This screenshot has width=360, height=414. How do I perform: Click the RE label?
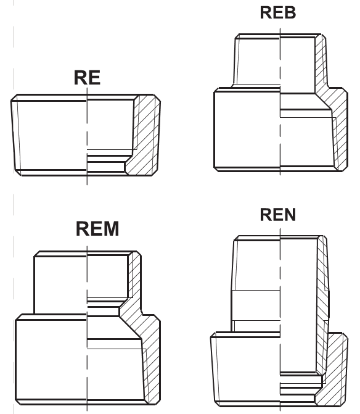pyautogui.click(x=87, y=78)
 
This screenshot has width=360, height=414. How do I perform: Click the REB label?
pyautogui.click(x=278, y=12)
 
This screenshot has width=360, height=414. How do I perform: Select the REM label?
pyautogui.click(x=97, y=229)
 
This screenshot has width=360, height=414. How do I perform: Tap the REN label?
pyautogui.click(x=278, y=215)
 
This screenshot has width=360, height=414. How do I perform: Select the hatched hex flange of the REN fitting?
pyautogui.click(x=335, y=370)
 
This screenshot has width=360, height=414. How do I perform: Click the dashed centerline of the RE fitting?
pyautogui.click(x=87, y=136)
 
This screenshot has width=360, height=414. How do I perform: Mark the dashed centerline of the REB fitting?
pyautogui.click(x=280, y=101)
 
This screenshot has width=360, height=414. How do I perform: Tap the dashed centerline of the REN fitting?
pyautogui.click(x=280, y=319)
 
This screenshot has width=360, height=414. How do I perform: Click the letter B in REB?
pyautogui.click(x=290, y=12)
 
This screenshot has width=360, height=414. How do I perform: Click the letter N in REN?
pyautogui.click(x=290, y=215)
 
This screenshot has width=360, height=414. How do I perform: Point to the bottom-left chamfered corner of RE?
pyautogui.click(x=18, y=172)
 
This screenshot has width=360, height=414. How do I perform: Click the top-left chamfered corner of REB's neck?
pyautogui.click(x=237, y=36)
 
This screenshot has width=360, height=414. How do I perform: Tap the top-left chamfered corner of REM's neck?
pyautogui.click(x=37, y=254)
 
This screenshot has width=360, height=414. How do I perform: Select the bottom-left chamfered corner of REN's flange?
pyautogui.click(x=217, y=404)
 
